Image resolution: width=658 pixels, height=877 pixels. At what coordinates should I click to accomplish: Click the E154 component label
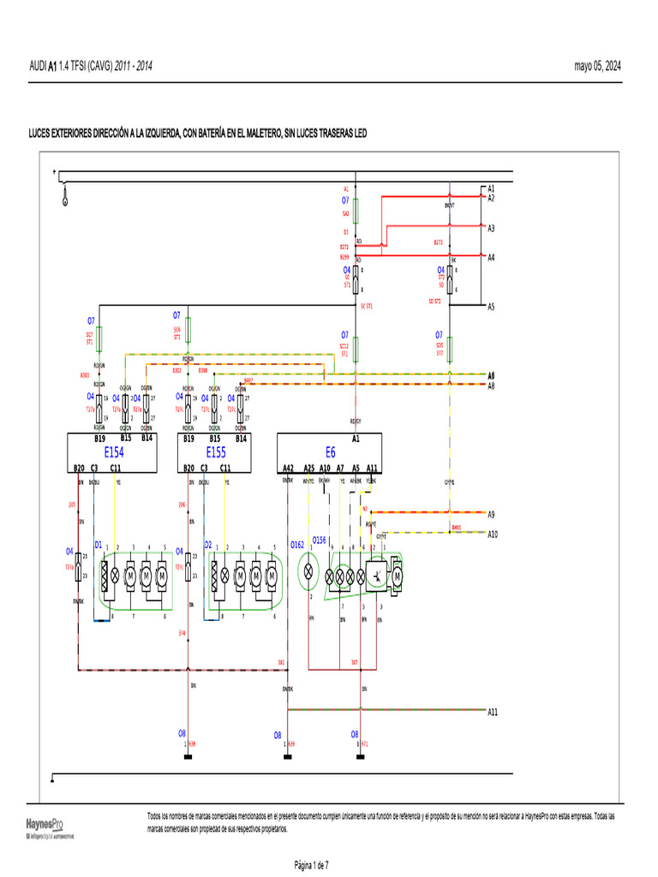[x=114, y=451]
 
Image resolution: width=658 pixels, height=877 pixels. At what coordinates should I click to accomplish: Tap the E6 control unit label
[x=331, y=451]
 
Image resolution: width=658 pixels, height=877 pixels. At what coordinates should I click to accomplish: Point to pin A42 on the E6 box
[x=288, y=468]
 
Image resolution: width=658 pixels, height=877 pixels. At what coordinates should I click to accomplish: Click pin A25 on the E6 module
[x=309, y=468]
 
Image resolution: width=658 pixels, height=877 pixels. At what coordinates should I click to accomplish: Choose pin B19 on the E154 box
[x=99, y=438]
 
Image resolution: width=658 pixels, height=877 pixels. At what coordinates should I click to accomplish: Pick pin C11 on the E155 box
[x=224, y=468]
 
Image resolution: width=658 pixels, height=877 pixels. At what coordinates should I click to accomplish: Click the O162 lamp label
[x=297, y=544]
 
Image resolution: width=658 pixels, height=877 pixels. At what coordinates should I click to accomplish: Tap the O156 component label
[x=319, y=540]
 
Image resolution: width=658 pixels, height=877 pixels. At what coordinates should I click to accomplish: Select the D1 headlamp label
[x=99, y=544]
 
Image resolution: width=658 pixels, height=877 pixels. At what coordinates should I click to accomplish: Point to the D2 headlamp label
[x=208, y=544]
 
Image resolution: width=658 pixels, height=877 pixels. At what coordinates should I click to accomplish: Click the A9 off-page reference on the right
[x=492, y=515]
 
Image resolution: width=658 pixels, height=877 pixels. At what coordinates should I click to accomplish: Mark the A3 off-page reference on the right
[x=492, y=229]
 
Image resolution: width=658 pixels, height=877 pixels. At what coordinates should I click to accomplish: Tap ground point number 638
[x=193, y=743]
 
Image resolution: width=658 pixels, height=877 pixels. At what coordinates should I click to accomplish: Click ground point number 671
[x=365, y=743]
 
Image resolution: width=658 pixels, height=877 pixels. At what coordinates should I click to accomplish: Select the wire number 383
[x=281, y=662]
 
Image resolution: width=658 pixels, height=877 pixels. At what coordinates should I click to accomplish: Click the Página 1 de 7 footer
[x=318, y=864]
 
